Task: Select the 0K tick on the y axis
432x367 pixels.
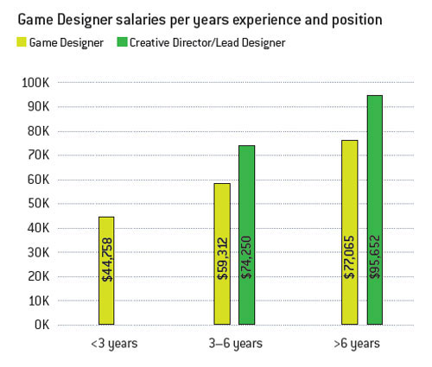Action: (x=43, y=325)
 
